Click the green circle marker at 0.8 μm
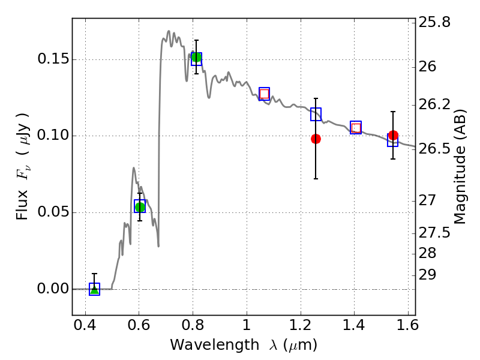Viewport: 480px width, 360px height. pyautogui.click(x=196, y=58)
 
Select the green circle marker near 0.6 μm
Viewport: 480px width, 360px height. pyautogui.click(x=140, y=207)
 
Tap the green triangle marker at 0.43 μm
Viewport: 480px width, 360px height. pyautogui.click(x=94, y=289)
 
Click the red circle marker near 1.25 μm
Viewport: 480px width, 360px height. pyautogui.click(x=316, y=139)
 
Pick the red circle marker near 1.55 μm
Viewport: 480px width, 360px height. pyautogui.click(x=393, y=136)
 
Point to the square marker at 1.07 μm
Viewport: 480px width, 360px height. pyautogui.click(x=264, y=94)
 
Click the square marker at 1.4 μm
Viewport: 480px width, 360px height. pyautogui.click(x=356, y=127)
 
